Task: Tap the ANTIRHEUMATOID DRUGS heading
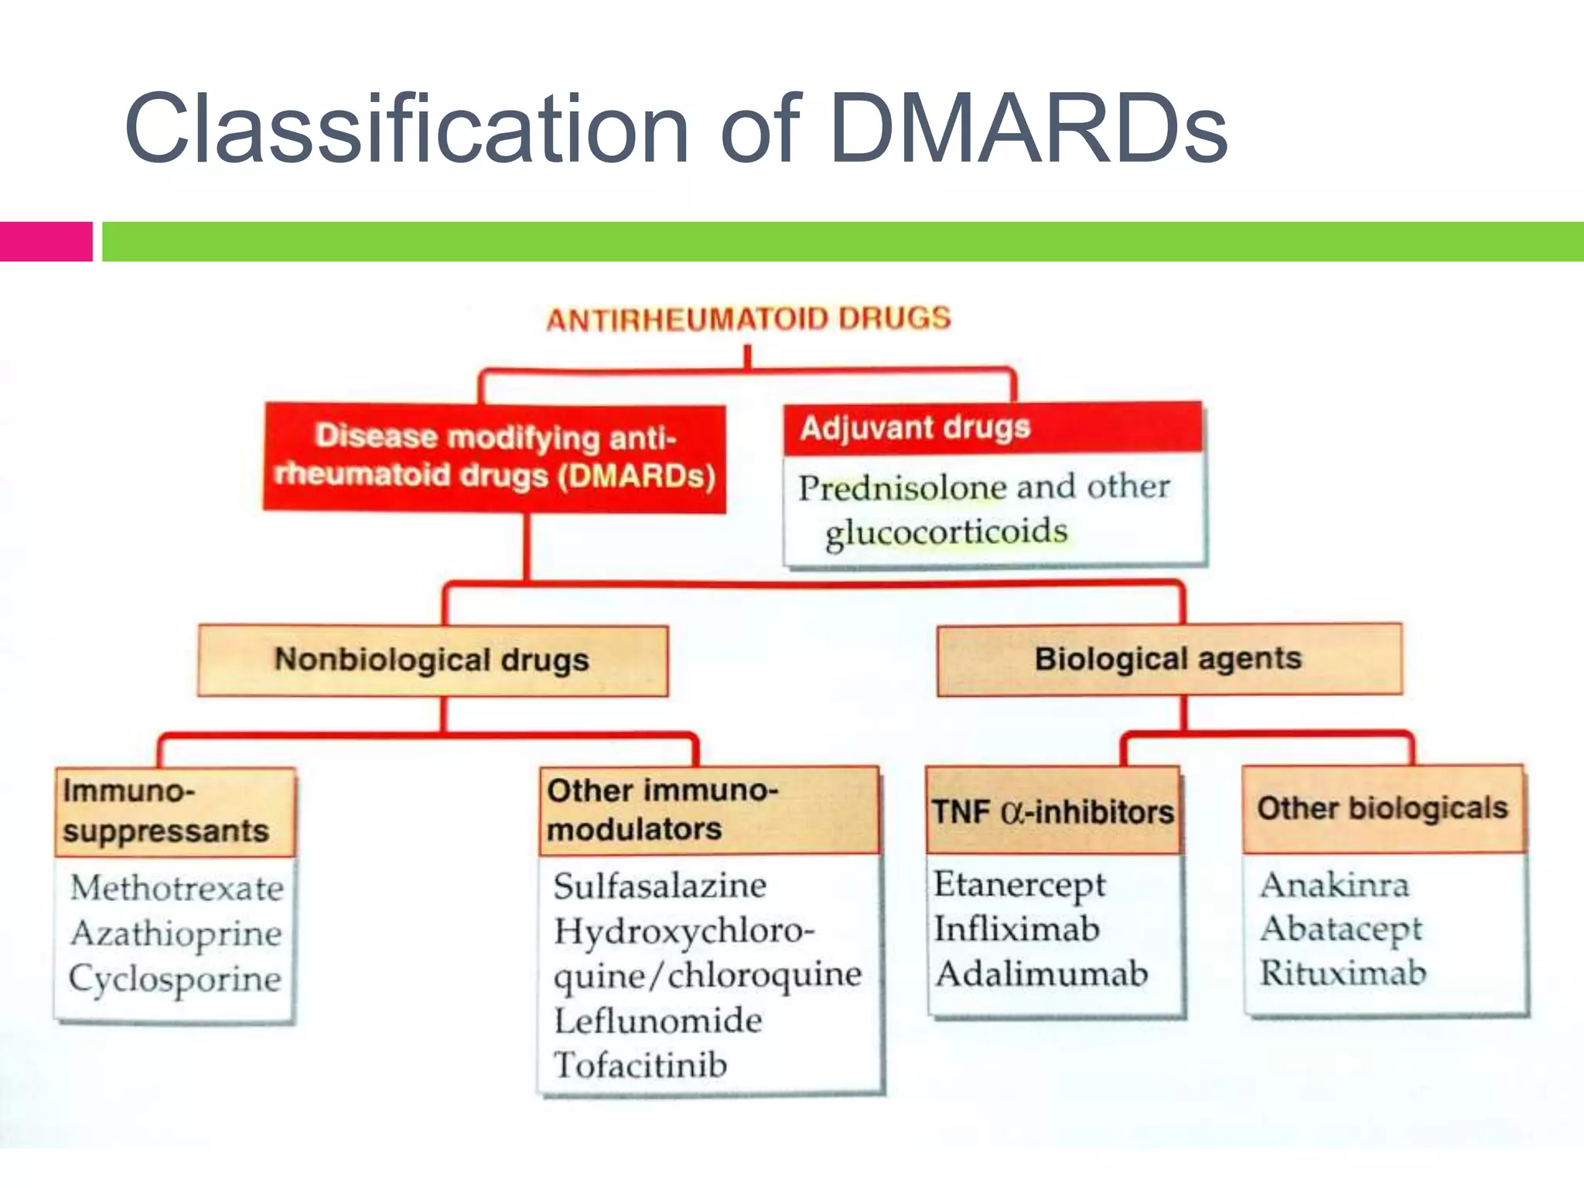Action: pos(748,319)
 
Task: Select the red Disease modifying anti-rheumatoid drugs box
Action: pos(495,457)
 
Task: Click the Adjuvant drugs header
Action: pos(915,428)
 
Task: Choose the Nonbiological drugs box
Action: pos(432,661)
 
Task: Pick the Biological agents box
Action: pos(1168,659)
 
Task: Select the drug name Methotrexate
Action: pos(177,888)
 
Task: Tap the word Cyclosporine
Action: pos(176,978)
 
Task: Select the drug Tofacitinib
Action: pos(640,1065)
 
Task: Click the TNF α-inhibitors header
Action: pos(1053,811)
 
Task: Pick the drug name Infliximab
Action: pos(1016,929)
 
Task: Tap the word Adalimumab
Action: pos(1042,974)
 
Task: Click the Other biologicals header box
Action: pos(1382,809)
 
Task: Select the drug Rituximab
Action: pos(1343,973)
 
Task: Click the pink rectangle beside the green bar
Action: pos(46,241)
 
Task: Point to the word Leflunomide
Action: pos(657,1021)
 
